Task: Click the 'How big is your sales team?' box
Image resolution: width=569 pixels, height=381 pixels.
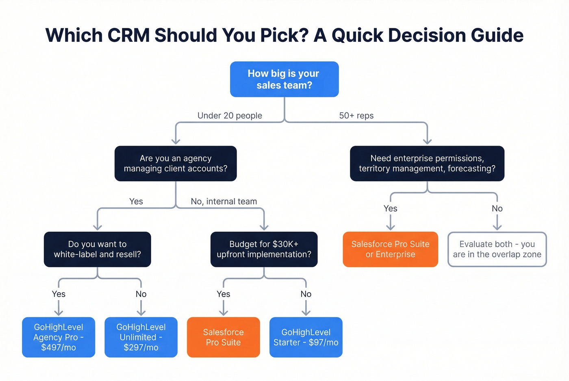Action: point(284,79)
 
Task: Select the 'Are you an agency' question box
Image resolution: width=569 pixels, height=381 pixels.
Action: point(176,164)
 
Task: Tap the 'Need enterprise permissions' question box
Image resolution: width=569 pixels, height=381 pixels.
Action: point(427,164)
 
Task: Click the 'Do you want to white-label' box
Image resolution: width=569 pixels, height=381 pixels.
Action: point(97,249)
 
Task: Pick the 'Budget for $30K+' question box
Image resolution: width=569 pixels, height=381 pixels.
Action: point(264,249)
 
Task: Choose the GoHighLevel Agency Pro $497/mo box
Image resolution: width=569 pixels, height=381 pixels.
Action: point(59,337)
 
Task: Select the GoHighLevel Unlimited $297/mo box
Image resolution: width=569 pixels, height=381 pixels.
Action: point(141,337)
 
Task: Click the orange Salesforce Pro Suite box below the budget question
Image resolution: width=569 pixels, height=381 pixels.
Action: point(223,337)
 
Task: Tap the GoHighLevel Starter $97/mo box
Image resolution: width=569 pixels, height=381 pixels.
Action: point(306,337)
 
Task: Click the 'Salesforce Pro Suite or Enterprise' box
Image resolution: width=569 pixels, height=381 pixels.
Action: point(390,249)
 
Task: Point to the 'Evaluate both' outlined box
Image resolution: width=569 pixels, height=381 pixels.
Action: point(497,249)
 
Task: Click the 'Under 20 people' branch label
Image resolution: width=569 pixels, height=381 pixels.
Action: point(230,116)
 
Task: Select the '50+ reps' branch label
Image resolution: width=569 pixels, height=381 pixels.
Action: point(356,116)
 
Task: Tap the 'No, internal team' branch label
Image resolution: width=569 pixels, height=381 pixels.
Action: point(224,201)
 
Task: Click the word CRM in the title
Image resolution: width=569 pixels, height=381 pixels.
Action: point(128,35)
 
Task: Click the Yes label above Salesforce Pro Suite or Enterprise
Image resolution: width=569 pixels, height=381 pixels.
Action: point(390,209)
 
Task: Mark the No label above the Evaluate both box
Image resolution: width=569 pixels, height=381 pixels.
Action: point(497,209)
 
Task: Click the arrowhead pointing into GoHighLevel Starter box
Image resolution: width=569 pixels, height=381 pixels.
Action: point(306,312)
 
